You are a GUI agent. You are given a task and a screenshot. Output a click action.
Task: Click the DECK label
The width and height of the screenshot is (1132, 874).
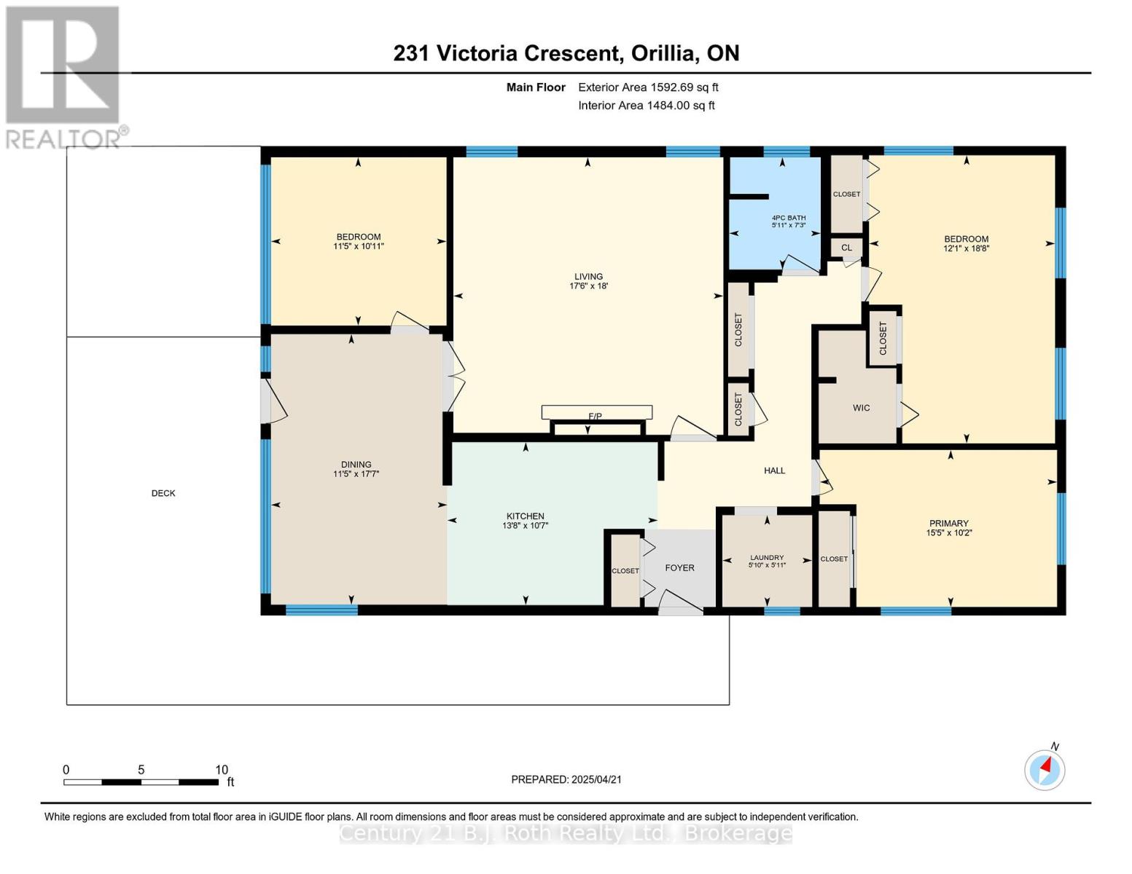(163, 493)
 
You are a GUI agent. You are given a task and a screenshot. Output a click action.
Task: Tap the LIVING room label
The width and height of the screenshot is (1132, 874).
(588, 277)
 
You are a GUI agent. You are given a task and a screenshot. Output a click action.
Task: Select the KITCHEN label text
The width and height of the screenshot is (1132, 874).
(525, 516)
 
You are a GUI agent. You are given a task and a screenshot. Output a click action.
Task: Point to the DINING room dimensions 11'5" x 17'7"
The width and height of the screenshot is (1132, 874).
(356, 473)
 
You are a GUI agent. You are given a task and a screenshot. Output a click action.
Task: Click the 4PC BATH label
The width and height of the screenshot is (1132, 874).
(789, 218)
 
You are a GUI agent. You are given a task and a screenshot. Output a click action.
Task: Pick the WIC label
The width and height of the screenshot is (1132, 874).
(861, 408)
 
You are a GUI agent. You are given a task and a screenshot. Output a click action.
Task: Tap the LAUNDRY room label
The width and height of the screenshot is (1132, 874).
(767, 557)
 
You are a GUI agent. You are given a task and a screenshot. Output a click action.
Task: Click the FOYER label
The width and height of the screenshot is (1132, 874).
(680, 568)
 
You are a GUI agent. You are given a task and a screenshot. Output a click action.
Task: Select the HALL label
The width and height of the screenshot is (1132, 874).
(774, 471)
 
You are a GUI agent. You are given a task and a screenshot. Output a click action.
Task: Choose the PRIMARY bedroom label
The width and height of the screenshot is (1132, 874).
(948, 523)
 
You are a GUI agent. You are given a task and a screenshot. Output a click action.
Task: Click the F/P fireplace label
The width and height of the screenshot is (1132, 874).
(595, 416)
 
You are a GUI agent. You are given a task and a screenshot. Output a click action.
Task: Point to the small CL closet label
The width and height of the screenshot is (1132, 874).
(846, 247)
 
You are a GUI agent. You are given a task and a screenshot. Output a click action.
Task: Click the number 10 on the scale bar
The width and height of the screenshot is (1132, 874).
(222, 769)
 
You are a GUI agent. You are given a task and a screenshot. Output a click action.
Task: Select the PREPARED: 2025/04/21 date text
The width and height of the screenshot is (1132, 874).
(566, 779)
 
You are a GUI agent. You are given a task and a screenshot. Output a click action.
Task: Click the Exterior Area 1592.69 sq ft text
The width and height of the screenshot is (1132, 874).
(648, 87)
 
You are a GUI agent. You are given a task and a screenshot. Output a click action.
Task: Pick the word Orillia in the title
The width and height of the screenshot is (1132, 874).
(665, 53)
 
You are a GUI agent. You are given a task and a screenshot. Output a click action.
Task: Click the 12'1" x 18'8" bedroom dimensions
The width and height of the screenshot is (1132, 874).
(966, 248)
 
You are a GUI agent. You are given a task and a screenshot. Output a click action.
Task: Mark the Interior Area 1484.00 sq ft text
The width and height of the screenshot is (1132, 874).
(647, 106)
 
